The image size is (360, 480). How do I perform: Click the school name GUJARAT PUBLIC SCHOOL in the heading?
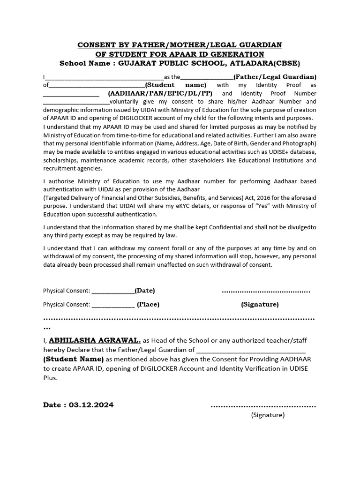173,63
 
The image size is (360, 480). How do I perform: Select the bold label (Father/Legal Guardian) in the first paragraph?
275,77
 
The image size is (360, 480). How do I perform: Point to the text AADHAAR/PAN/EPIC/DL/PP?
160,93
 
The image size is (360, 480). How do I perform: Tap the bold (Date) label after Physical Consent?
145,291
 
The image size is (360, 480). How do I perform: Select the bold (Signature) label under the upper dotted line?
260,304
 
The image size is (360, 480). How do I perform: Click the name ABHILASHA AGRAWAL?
92,340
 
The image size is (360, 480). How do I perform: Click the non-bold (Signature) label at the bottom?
268,414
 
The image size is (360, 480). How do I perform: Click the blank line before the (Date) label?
113,291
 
